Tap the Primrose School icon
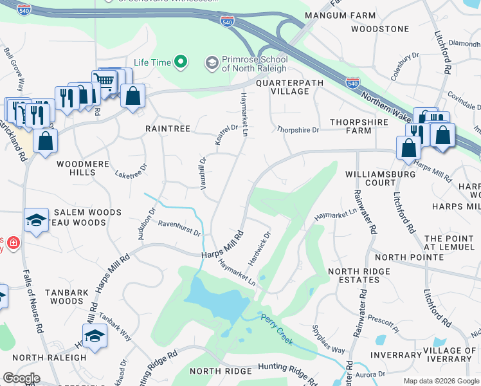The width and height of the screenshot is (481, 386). tap(212, 62)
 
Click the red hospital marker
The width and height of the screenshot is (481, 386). tap(13, 243)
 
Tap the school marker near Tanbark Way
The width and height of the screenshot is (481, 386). tap(95, 335)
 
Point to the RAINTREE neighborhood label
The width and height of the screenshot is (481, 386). tap(167, 129)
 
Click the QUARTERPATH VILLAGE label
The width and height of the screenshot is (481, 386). tap(282, 87)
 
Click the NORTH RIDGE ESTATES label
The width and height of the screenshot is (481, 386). tap(359, 275)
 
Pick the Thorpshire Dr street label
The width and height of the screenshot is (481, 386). tap(298, 130)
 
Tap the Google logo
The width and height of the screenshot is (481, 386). tap(21, 378)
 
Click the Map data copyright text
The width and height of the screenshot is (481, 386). tap(440, 381)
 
